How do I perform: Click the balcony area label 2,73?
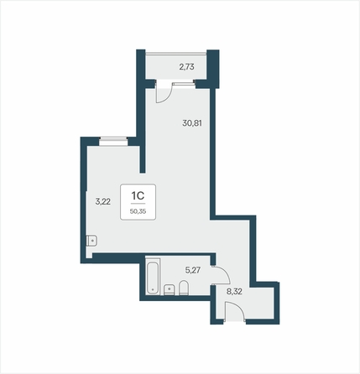186,67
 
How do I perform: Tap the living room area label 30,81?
192,123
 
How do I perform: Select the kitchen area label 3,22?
103,201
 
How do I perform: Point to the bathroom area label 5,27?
193,270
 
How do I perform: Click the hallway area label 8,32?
234,292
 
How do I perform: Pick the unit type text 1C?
138,196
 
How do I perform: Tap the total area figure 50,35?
138,211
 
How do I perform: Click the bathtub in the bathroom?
153,276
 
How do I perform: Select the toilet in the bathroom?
184,288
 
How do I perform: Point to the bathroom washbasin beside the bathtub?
169,289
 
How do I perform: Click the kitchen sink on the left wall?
91,241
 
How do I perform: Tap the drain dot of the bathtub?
153,289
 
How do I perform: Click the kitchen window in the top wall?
113,141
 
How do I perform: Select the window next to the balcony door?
183,83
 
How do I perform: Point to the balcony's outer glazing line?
176,53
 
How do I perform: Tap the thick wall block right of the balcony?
213,69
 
